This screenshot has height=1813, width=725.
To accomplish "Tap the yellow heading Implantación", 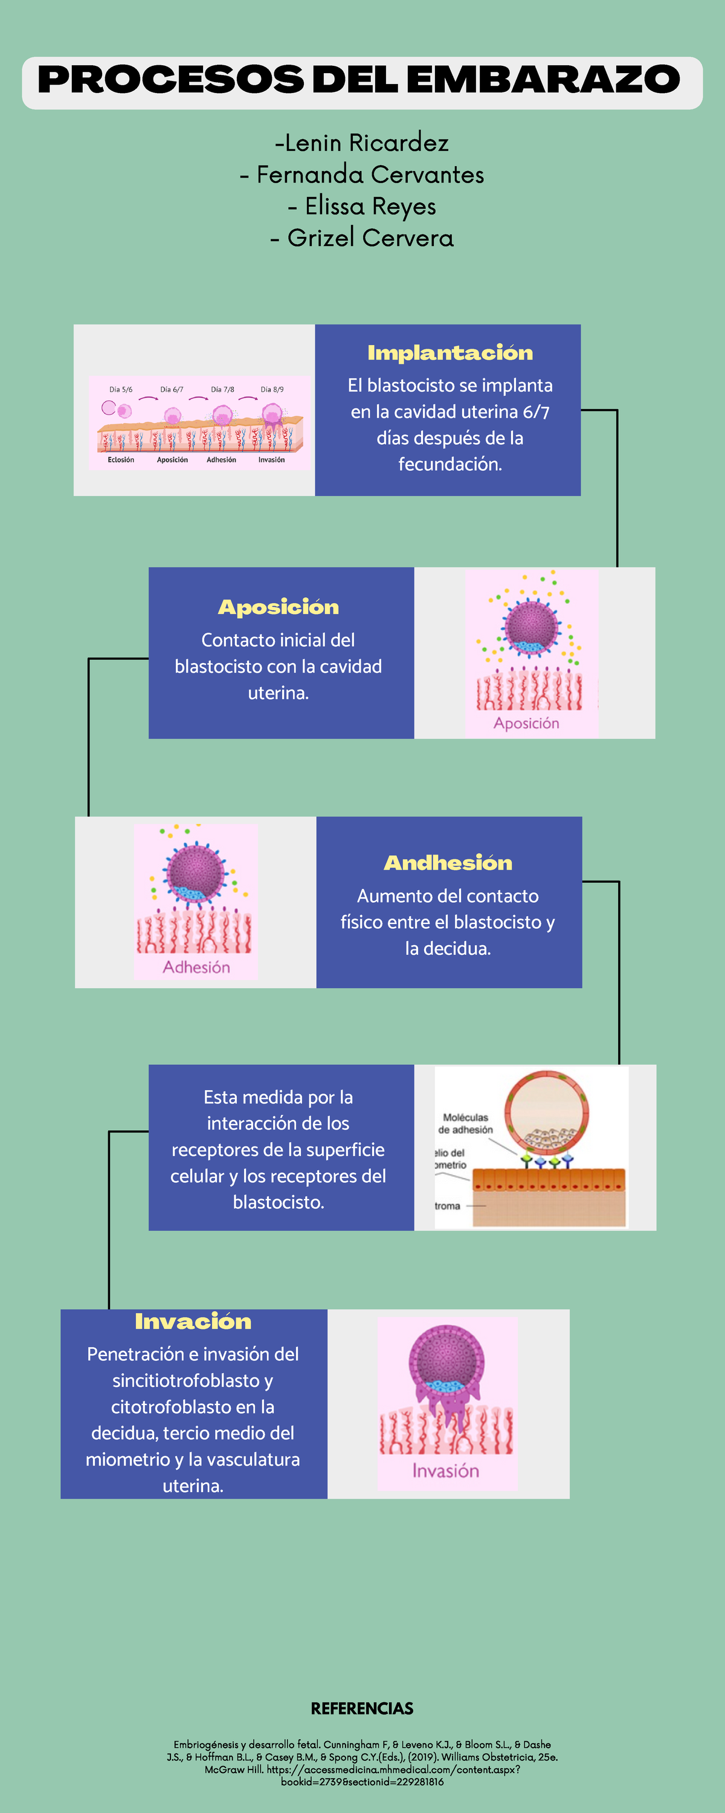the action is click(x=449, y=352).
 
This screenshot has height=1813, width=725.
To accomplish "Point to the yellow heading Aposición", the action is click(x=279, y=607).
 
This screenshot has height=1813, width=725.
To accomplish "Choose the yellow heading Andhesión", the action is click(x=448, y=862).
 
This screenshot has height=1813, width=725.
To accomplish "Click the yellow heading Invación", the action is click(x=193, y=1321).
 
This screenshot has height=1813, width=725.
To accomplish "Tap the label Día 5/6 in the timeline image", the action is click(x=120, y=389).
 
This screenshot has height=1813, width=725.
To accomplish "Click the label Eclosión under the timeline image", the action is click(x=121, y=459).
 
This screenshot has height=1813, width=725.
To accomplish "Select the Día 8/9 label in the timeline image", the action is click(x=272, y=389).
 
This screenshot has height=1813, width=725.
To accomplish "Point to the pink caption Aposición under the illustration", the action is click(x=526, y=723).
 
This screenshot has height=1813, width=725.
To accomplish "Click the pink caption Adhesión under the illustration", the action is click(x=196, y=967).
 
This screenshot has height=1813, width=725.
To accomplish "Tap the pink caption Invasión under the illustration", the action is click(x=445, y=1471).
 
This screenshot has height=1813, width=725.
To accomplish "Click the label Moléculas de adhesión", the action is click(x=465, y=1123).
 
